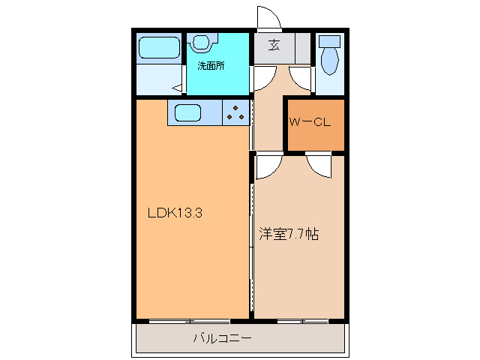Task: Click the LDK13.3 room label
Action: pos(175,212)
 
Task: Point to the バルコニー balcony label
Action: pos(223,338)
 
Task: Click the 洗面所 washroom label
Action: pos(211,65)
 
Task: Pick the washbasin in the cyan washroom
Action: pos(202,43)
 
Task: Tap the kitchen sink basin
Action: pos(187,114)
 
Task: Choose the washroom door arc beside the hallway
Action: pos(262,78)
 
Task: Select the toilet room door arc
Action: pos(302,77)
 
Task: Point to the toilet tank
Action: pos(329,40)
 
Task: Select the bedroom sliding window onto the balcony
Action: pos(301,321)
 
